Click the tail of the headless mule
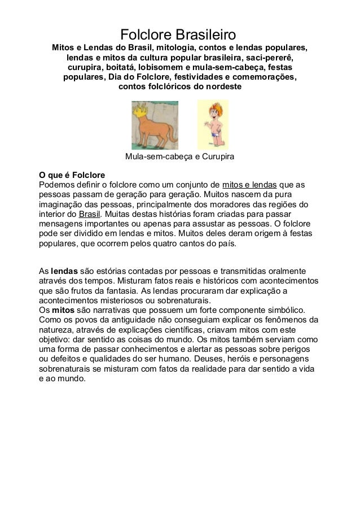pyautogui.click(x=172, y=125)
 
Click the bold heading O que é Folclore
pyautogui.click(x=72, y=175)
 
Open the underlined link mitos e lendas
pyautogui.click(x=249, y=184)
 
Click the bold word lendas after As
pyautogui.click(x=65, y=270)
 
